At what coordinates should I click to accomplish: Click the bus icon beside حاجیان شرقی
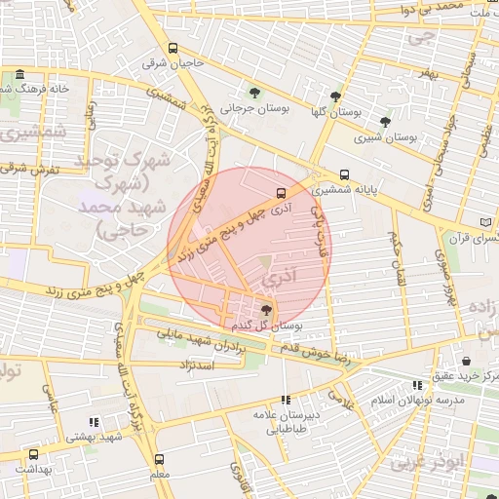point(173,48)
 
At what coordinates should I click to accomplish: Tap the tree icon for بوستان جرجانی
point(254,94)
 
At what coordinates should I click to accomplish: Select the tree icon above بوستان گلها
point(335,96)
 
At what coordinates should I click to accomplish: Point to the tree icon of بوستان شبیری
point(386,122)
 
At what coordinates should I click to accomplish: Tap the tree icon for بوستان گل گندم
point(267,310)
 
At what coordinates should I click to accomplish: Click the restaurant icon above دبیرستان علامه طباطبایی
point(286,400)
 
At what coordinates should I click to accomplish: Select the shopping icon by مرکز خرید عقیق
point(467,361)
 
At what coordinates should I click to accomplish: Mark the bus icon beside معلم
point(159,458)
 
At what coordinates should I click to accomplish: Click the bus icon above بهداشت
point(34,454)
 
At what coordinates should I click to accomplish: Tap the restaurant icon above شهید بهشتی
point(94,422)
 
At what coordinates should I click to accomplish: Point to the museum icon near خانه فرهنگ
point(19,75)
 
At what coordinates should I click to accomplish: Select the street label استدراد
point(196,364)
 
